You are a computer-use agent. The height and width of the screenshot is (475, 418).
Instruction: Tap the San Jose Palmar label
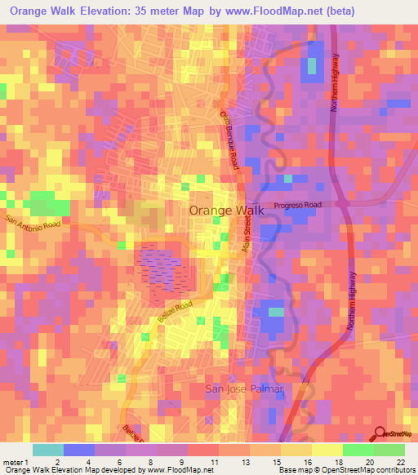click(243, 388)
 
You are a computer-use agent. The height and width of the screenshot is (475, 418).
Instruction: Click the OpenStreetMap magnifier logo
click(381, 435)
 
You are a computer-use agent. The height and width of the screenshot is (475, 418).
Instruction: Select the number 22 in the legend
click(399, 463)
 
